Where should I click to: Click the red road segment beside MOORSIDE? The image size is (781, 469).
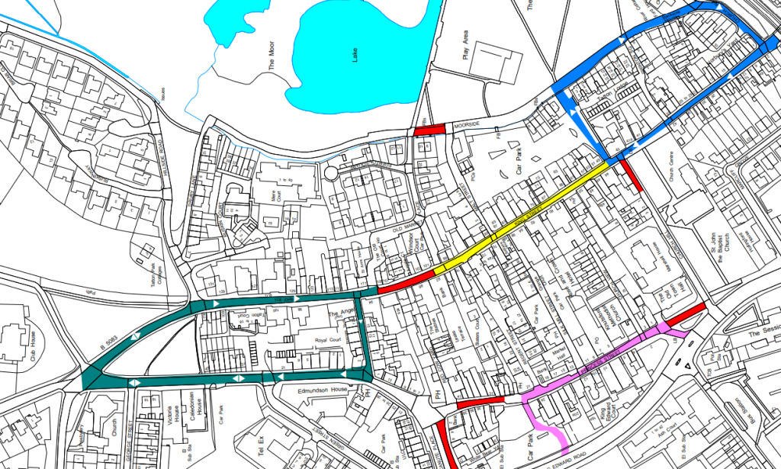click(429, 130)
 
